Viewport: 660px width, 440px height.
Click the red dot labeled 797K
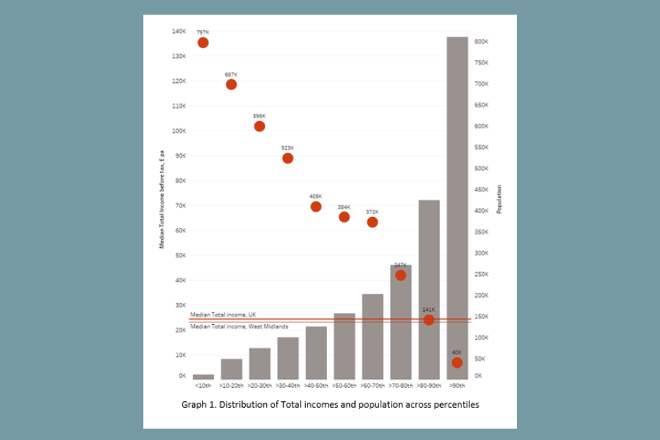[x=203, y=43]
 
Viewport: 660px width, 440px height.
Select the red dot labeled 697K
[x=231, y=84]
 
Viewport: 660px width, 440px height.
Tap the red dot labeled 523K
[x=287, y=158]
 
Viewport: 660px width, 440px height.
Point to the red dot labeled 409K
[x=316, y=207]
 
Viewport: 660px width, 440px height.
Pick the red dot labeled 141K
[x=429, y=320]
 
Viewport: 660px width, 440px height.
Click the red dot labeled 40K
[x=457, y=362]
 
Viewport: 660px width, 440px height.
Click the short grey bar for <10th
[x=203, y=376]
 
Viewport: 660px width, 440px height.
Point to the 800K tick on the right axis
[x=482, y=42]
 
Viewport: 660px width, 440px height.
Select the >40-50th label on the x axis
[x=316, y=385]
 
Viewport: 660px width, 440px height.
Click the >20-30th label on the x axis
[x=260, y=385]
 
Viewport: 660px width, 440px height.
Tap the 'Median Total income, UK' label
[x=223, y=315]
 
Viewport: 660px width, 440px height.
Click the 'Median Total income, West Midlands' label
[x=238, y=326]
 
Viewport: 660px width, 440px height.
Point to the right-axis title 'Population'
[x=499, y=199]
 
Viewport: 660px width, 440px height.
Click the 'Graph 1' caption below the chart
[x=330, y=404]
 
